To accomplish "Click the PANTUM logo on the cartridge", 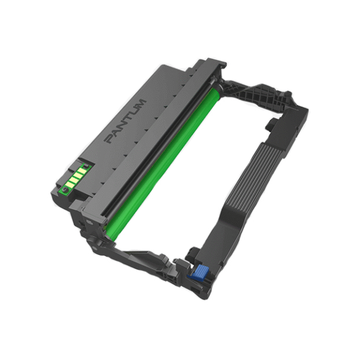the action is click(125, 121).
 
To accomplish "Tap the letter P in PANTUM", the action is click(109, 139).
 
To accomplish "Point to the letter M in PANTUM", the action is click(140, 104).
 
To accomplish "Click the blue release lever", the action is click(197, 272).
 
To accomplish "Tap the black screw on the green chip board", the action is click(65, 190).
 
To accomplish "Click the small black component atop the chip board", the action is click(86, 166).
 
